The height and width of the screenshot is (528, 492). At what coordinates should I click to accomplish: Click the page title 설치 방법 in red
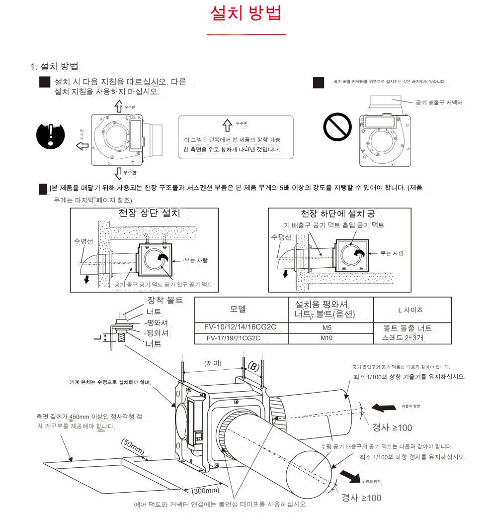click(x=246, y=13)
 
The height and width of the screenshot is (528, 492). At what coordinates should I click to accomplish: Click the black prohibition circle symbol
click(x=338, y=128)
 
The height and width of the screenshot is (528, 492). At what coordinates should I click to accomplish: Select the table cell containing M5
click(x=327, y=328)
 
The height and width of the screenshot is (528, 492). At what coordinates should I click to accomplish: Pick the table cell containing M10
click(x=327, y=337)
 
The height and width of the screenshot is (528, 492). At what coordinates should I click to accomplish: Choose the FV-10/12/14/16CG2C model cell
click(x=240, y=328)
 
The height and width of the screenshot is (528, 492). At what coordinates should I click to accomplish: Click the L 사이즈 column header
click(x=410, y=310)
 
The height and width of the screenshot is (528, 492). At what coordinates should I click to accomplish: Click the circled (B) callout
click(x=253, y=367)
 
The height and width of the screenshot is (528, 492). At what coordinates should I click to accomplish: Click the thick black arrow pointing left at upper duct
click(x=384, y=408)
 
